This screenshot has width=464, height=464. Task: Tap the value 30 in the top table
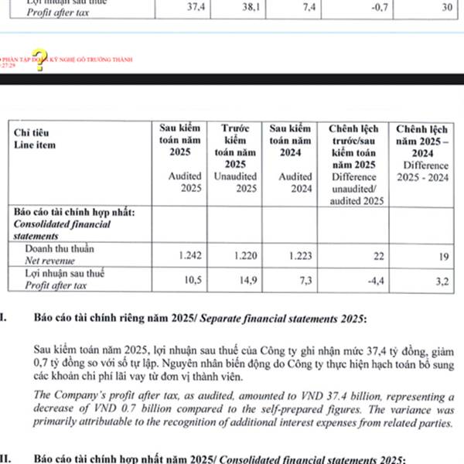(x=446, y=6)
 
